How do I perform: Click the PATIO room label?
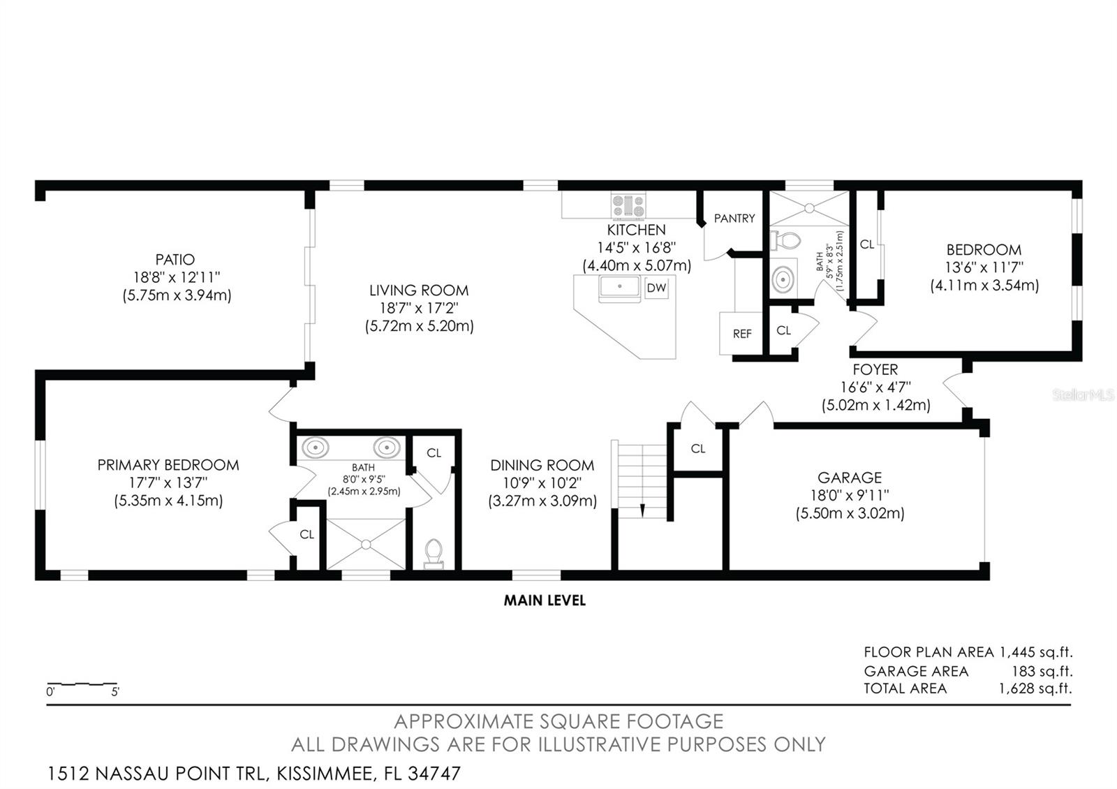[x=175, y=260]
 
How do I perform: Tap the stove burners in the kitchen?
[x=628, y=207]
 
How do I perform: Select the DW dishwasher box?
[x=656, y=288]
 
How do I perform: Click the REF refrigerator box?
[x=741, y=334]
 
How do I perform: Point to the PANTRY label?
[x=734, y=219]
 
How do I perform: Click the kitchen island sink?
[x=619, y=287]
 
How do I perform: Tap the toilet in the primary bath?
[x=434, y=553]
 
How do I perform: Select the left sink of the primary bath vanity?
[x=316, y=447]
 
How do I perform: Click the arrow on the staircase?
[x=642, y=510]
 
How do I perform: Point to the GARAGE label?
[x=850, y=478]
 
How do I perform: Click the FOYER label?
[x=875, y=370]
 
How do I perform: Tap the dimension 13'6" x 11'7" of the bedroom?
[x=984, y=267]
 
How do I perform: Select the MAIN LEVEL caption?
[x=545, y=600]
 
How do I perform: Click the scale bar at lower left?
[x=82, y=684]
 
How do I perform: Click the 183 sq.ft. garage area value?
[x=1042, y=671]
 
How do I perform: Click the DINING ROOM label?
[x=542, y=466]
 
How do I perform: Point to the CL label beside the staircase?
[x=698, y=449]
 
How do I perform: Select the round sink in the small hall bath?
[x=783, y=279]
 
